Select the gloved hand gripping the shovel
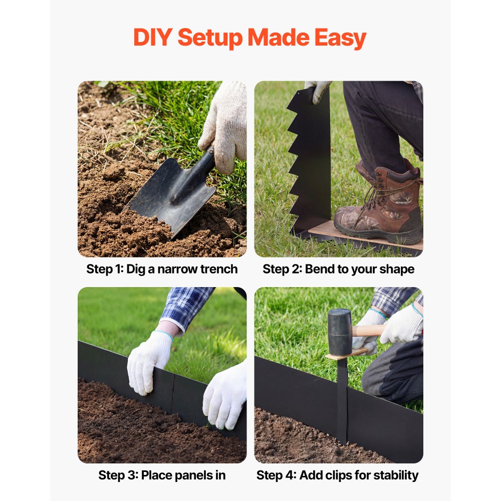(224, 125)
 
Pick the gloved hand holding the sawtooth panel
(318, 90)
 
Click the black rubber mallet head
(339, 331)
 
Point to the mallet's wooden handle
(368, 331)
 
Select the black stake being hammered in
(342, 401)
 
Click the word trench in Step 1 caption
(218, 269)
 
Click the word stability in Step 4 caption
(396, 475)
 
